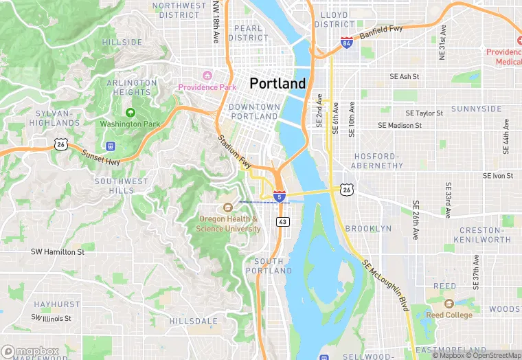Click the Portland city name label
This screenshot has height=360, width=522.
point(277,83)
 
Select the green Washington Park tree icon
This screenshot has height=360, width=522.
point(130,113)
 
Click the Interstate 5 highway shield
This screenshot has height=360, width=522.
point(279,196)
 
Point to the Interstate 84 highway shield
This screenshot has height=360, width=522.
point(347,43)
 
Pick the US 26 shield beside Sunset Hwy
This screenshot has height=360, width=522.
point(60,144)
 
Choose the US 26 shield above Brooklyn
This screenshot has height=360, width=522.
point(346,188)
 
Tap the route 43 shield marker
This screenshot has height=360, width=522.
point(282,221)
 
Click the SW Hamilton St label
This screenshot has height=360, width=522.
point(58,252)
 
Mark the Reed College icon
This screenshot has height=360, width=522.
point(449,303)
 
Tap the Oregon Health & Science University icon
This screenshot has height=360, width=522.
point(227,208)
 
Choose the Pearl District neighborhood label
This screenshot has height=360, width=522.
point(249,33)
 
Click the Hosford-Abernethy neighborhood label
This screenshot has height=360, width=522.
point(378,161)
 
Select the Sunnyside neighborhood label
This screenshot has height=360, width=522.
point(477,109)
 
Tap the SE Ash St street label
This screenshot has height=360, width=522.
point(404,77)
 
